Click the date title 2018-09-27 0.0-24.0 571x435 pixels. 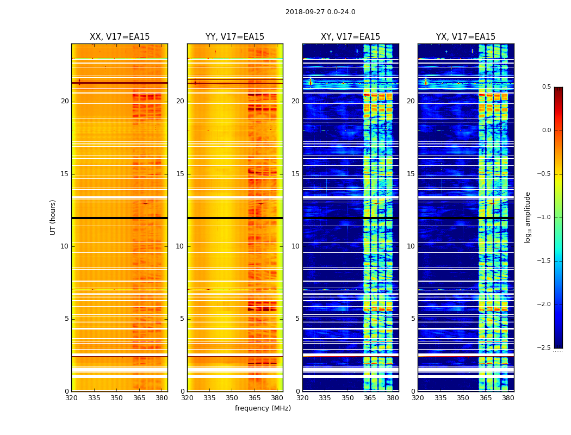pyautogui.click(x=320, y=12)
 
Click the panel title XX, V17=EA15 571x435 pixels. pyautogui.click(x=120, y=37)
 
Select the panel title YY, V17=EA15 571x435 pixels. pyautogui.click(x=235, y=37)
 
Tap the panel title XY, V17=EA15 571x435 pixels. pyautogui.click(x=350, y=37)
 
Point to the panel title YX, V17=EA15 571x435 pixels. pyautogui.click(x=466, y=37)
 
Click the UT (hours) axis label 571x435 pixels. pyautogui.click(x=53, y=217)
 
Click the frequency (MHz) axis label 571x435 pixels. pyautogui.click(x=263, y=408)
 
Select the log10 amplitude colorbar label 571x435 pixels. pyautogui.click(x=527, y=217)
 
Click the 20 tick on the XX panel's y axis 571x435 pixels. pyautogui.click(x=65, y=101)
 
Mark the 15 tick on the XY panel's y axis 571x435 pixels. pyautogui.click(x=295, y=174)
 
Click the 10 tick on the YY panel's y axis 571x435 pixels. pyautogui.click(x=180, y=246)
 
